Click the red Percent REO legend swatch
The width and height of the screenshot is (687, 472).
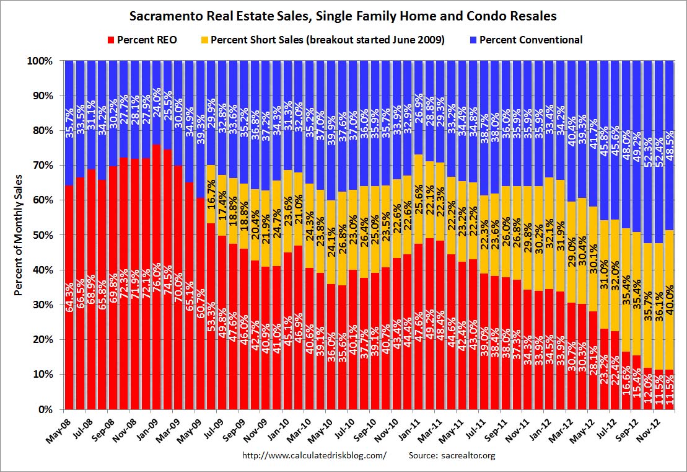coord(111,40)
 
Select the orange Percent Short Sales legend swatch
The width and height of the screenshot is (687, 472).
coord(204,40)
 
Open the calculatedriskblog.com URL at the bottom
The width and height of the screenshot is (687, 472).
coord(314,456)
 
